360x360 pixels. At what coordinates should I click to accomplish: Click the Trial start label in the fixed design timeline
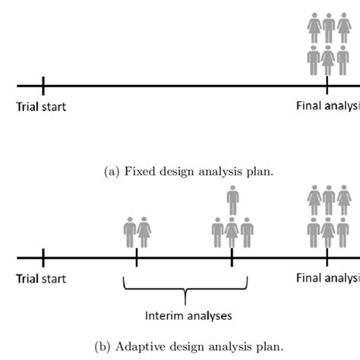(41, 107)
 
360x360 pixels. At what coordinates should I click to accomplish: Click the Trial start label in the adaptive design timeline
(41, 279)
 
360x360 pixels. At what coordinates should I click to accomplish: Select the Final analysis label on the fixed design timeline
(327, 106)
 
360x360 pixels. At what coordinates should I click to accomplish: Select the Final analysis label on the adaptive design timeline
(327, 278)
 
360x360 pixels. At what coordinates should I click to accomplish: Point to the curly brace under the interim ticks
(185, 292)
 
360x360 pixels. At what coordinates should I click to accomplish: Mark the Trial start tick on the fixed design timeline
(43, 86)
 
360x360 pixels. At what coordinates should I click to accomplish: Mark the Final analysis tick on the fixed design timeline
(327, 86)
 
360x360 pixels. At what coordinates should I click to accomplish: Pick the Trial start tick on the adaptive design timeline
(43, 257)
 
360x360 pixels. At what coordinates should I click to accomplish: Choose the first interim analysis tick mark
(136, 257)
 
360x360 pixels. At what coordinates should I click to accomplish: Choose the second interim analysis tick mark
(232, 257)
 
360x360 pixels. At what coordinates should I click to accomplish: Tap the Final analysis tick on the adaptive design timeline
(327, 257)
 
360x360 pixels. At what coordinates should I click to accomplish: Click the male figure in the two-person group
(129, 232)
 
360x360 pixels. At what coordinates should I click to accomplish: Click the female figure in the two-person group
(143, 232)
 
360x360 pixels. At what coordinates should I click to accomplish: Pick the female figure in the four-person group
(232, 232)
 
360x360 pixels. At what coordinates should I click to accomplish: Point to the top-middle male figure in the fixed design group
(328, 27)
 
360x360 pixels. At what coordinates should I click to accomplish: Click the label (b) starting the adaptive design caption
(103, 345)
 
